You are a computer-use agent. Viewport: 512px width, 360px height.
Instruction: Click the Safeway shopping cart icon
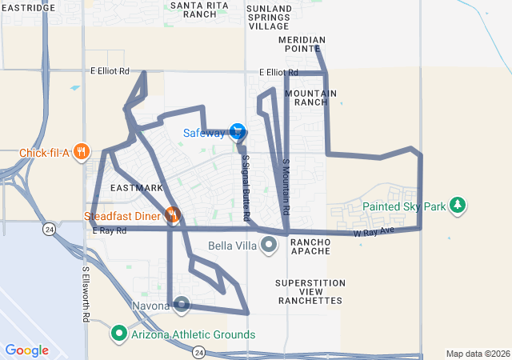[x=237, y=131]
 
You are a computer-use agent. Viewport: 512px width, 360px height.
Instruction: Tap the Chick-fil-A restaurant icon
[x=81, y=151]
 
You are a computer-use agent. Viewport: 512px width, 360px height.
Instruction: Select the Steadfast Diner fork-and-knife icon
[x=171, y=214]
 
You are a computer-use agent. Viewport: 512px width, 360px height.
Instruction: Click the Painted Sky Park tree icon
[x=457, y=206]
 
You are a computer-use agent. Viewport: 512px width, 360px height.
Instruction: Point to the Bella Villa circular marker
[x=269, y=245]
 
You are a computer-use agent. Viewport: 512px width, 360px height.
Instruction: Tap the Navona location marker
[x=182, y=304]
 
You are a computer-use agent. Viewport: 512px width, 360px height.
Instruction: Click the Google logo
[x=26, y=350]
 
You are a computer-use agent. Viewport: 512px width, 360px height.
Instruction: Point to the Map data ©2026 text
[x=477, y=354]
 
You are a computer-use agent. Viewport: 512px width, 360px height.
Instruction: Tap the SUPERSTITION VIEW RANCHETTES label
[x=310, y=292]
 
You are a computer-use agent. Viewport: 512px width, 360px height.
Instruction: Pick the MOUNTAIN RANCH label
[x=310, y=98]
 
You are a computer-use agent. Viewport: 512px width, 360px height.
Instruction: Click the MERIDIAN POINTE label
[x=302, y=43]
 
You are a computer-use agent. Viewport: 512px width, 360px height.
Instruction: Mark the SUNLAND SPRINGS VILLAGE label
[x=270, y=17]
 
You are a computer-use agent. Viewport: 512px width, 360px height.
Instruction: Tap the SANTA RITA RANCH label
[x=194, y=10]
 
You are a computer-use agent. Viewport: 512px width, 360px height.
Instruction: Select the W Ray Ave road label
[x=374, y=231]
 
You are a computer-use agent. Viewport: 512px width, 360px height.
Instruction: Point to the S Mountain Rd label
[x=286, y=186]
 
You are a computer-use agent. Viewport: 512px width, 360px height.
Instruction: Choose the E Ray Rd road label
[x=110, y=230]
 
